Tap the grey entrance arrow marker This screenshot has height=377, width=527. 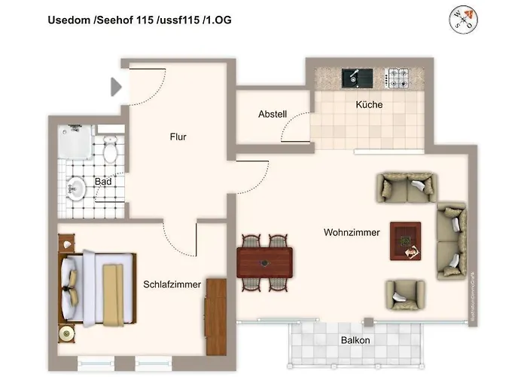click(x=116, y=87)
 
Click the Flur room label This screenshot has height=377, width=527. click(x=178, y=137)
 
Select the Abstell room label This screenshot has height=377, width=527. click(x=272, y=115)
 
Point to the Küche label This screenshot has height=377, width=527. click(x=369, y=105)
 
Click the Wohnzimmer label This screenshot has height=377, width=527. click(x=352, y=232)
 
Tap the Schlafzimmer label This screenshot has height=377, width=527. click(x=172, y=284)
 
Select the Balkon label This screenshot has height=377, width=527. click(x=355, y=341)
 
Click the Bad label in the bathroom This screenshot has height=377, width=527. click(x=103, y=182)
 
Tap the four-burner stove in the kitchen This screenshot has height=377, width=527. click(x=397, y=76)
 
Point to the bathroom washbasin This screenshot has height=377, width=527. click(x=76, y=188)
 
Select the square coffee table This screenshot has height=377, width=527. click(x=405, y=241)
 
